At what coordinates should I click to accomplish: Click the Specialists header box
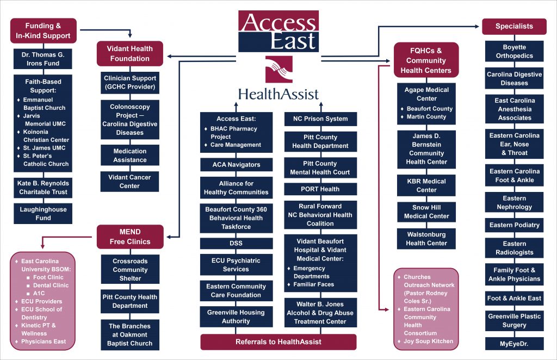pos(514,26)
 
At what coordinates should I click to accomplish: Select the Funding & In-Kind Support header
pos(43,31)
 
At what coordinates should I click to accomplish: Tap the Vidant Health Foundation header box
pos(129,53)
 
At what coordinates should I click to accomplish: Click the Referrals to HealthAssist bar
pos(278,342)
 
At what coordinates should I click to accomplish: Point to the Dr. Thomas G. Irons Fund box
pos(43,59)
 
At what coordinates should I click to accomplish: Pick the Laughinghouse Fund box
pos(43,214)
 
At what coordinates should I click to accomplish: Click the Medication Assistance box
pos(130,156)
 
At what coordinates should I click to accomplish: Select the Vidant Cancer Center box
pos(130,182)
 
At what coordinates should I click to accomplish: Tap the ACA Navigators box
pos(236,165)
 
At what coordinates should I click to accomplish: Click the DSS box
pos(236,243)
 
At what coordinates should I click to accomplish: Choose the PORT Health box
pos(320,189)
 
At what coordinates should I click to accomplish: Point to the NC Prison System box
pos(320,119)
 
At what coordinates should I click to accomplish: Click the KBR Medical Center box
pos(426,185)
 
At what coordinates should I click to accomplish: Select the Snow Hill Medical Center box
pos(426,212)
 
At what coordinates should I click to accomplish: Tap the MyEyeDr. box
pos(514,344)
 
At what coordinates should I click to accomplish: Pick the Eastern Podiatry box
pos(514,225)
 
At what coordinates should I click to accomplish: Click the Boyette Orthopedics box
pos(514,52)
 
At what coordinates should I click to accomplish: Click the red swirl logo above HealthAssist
pos(278,69)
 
